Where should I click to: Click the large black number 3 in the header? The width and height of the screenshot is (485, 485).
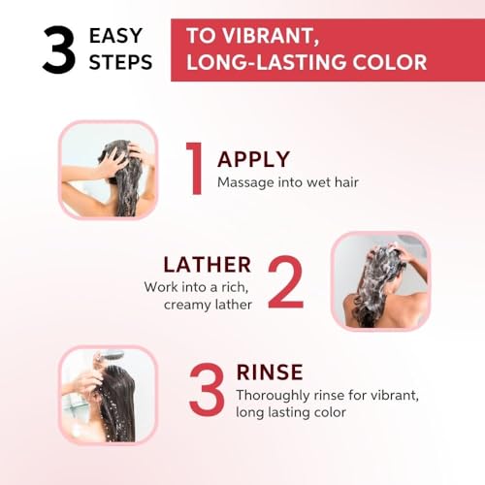point(59,49)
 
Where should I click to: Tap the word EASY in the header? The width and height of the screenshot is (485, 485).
point(115,35)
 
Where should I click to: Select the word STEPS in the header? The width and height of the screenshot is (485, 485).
point(120,62)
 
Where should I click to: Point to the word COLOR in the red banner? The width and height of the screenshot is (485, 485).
point(390,62)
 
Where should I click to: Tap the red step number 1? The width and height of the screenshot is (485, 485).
point(195,168)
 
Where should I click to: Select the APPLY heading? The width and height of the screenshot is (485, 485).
point(254,159)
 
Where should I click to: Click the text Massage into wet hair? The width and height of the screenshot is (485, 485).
point(288,182)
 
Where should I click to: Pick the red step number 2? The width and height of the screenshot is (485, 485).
point(286,281)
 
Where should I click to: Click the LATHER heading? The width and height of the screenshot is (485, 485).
point(208,265)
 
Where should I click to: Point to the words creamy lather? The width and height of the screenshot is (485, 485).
point(208,305)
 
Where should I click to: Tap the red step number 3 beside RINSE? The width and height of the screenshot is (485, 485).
point(208,389)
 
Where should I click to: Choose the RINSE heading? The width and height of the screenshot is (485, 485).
point(270,372)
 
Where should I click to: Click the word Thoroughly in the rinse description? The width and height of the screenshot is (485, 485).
point(273,396)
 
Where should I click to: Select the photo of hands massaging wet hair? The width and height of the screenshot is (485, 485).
point(108,170)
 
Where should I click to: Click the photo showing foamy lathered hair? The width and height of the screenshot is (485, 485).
point(380,280)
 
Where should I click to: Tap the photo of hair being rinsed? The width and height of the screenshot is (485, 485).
point(108,395)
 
